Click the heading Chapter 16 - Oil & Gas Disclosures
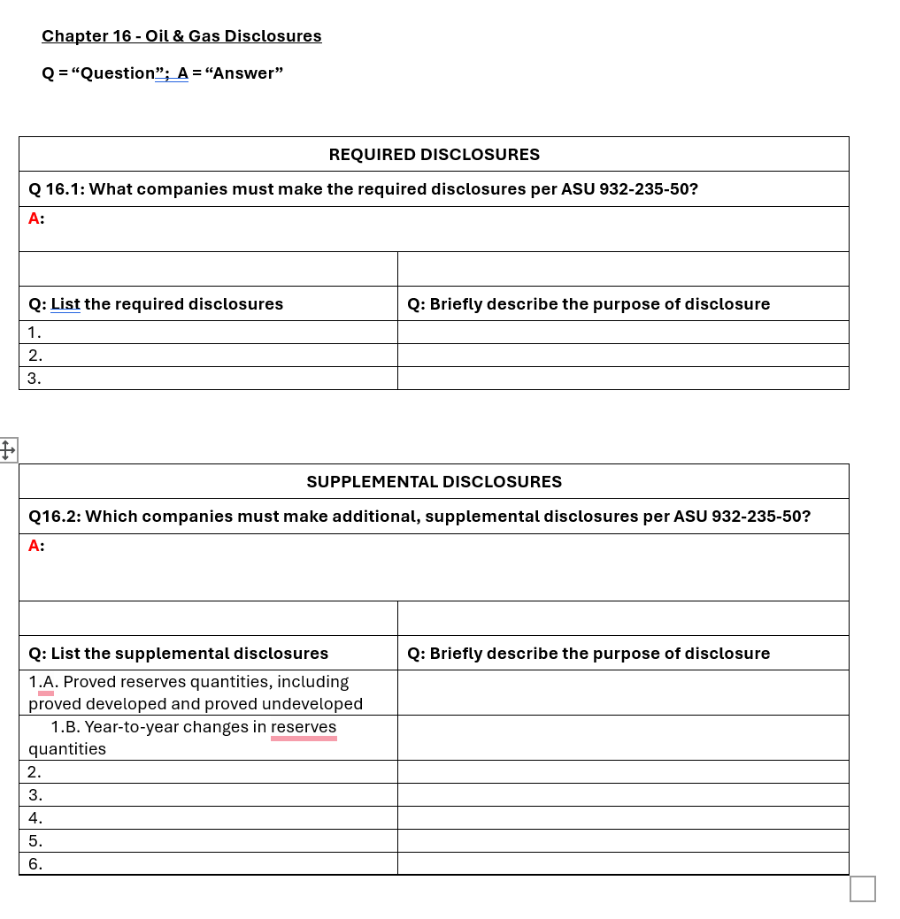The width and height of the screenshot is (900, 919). coord(181,36)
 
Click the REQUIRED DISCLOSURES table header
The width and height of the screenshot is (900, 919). coord(434,155)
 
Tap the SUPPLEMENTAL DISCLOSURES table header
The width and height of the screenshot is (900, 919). coord(434,482)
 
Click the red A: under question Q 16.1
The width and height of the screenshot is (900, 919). coord(36,218)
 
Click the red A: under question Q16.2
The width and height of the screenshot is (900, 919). coord(36,546)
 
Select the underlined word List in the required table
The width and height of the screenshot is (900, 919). coord(65,304)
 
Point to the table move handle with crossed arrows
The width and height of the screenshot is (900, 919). coord(7,450)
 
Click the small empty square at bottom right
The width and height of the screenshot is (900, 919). coord(862,888)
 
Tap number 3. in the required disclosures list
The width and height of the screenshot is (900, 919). coord(35,379)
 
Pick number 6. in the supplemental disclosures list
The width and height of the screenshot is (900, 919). coord(35,864)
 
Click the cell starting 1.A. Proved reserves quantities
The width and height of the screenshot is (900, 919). coord(195,693)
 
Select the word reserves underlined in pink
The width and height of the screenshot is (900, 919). coord(304,727)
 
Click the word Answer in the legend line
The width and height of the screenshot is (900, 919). coord(243,73)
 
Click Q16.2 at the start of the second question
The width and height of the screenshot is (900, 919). coord(52,517)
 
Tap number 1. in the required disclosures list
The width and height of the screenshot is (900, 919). coord(35,333)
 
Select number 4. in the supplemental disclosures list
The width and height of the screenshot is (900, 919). coord(35,818)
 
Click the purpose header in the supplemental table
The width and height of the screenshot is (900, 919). coord(588,654)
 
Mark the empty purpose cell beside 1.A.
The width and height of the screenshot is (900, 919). coord(623,693)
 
